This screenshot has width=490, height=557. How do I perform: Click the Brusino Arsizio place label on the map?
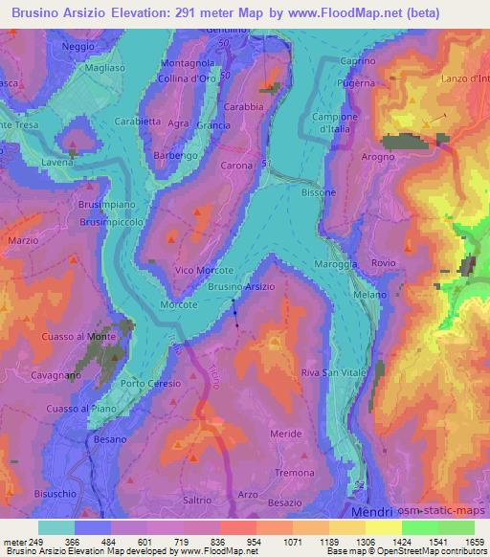241,287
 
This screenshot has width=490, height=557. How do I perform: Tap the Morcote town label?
178,304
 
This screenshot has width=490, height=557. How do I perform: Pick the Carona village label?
237,166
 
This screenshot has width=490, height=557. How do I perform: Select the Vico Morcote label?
204,271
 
